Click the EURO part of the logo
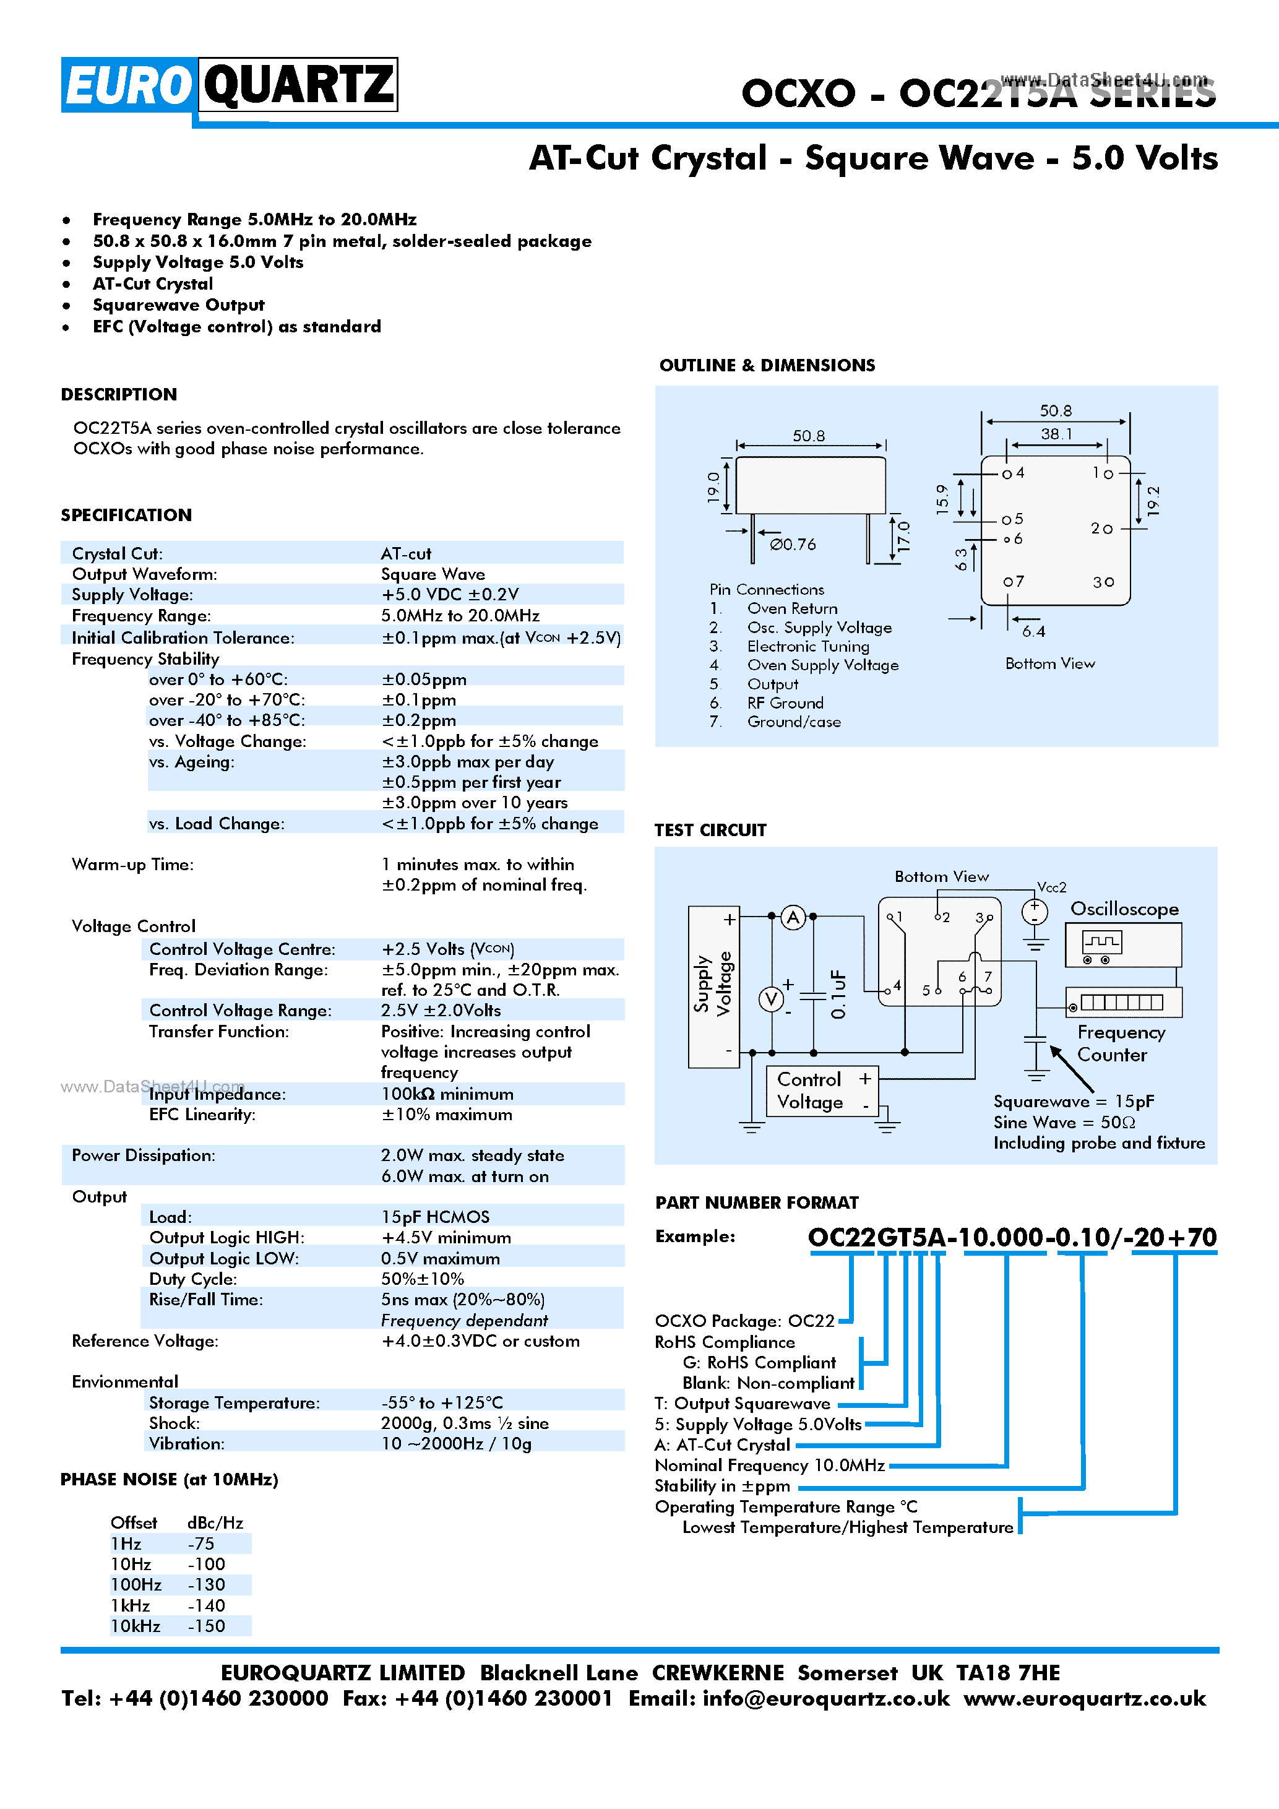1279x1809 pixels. tap(127, 84)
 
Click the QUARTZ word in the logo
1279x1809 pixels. tap(298, 84)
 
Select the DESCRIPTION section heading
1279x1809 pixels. tap(119, 394)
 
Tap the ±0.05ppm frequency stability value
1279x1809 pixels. tap(424, 679)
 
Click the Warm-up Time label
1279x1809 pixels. tap(132, 865)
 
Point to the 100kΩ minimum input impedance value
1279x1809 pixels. tap(447, 1094)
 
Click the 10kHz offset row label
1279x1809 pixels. tap(136, 1625)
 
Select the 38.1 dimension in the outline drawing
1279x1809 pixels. tap(1056, 434)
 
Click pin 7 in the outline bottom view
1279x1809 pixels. tap(1013, 582)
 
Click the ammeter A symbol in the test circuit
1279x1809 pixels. tap(793, 917)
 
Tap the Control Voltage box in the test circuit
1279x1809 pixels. tap(822, 1090)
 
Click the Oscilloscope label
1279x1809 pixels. tap(1124, 909)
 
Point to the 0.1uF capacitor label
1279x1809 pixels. tap(839, 995)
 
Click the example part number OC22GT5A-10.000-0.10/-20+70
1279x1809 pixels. tap(1012, 1237)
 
